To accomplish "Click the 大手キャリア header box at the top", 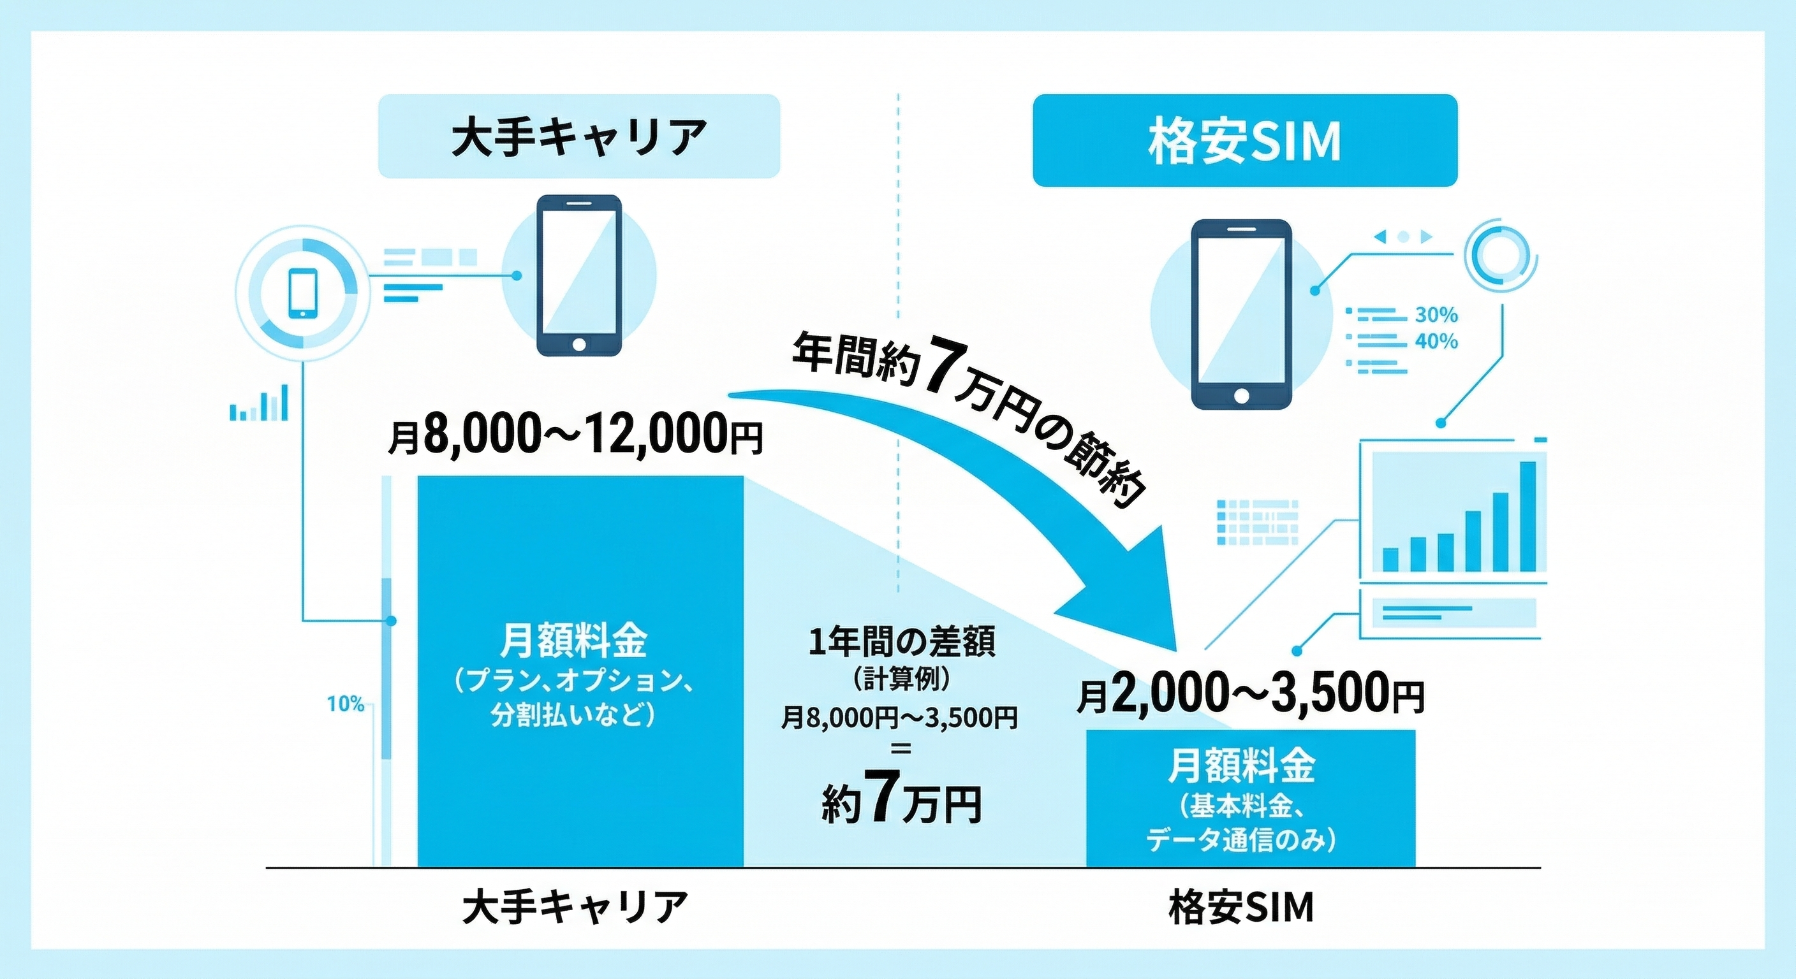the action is point(578,136).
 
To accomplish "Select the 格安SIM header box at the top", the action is point(1244,140).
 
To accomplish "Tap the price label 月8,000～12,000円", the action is point(576,435).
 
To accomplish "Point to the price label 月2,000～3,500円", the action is point(1251,694).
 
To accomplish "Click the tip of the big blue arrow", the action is point(1177,651).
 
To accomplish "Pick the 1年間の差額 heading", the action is point(901,642).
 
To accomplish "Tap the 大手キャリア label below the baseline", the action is point(575,906).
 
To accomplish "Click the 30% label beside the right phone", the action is point(1436,315).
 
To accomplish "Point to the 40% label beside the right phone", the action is point(1436,342).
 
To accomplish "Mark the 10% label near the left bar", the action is point(346,704).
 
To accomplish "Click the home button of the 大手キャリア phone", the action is point(578,345).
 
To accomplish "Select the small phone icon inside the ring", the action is point(302,293).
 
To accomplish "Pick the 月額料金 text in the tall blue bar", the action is point(573,641).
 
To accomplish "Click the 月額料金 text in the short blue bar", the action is point(1241,765).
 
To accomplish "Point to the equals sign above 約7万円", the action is point(901,749).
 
